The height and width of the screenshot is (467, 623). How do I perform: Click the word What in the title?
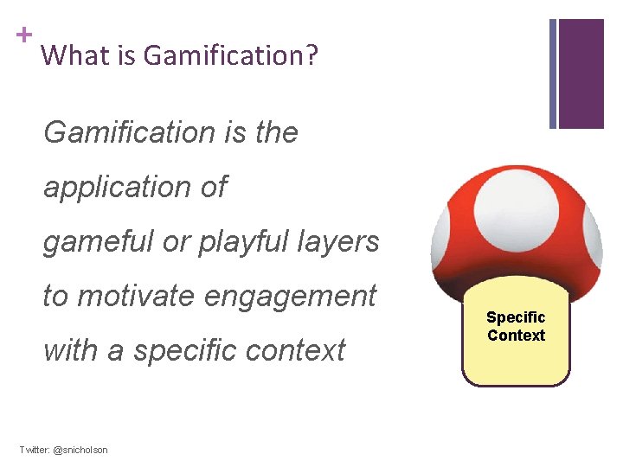(x=66, y=56)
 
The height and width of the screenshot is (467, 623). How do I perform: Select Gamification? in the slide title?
(x=231, y=57)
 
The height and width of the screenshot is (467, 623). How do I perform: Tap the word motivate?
(x=136, y=296)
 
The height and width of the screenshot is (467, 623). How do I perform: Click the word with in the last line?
(x=70, y=350)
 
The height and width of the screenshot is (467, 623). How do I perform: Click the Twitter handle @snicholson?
(x=80, y=451)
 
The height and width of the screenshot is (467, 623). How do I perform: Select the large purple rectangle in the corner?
(x=581, y=74)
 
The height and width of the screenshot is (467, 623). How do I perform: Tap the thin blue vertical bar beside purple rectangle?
(x=553, y=74)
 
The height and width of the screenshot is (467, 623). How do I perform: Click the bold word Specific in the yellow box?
(x=516, y=317)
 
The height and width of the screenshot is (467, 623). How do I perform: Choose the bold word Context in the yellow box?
(x=516, y=336)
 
